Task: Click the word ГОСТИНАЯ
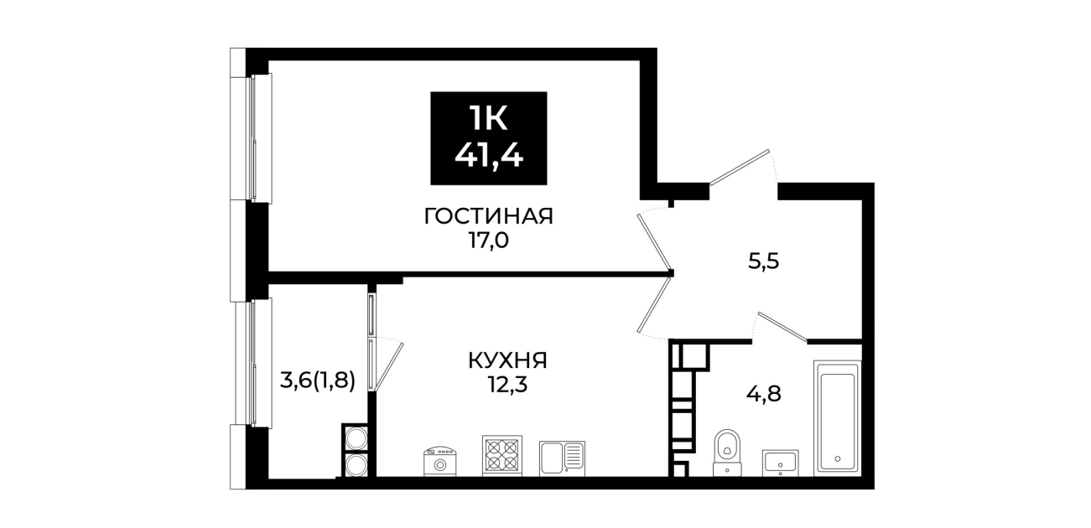pyautogui.click(x=489, y=216)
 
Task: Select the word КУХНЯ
pyautogui.click(x=507, y=361)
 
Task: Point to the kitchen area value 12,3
pyautogui.click(x=508, y=385)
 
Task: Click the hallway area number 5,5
pyautogui.click(x=764, y=262)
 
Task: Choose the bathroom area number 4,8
pyautogui.click(x=764, y=394)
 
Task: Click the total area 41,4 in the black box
pyautogui.click(x=489, y=156)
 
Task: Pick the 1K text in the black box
pyautogui.click(x=489, y=119)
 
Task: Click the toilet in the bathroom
pyautogui.click(x=727, y=453)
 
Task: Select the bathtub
pyautogui.click(x=837, y=418)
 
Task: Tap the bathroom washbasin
pyautogui.click(x=780, y=463)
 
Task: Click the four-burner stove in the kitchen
pyautogui.click(x=501, y=455)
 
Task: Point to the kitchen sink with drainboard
pyautogui.click(x=562, y=458)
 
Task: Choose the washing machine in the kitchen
pyautogui.click(x=440, y=461)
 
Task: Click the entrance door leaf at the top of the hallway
pyautogui.click(x=740, y=168)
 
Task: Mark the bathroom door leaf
pyautogui.click(x=782, y=326)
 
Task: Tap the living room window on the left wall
pyautogui.click(x=254, y=138)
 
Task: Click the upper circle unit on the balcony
pyautogui.click(x=356, y=437)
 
